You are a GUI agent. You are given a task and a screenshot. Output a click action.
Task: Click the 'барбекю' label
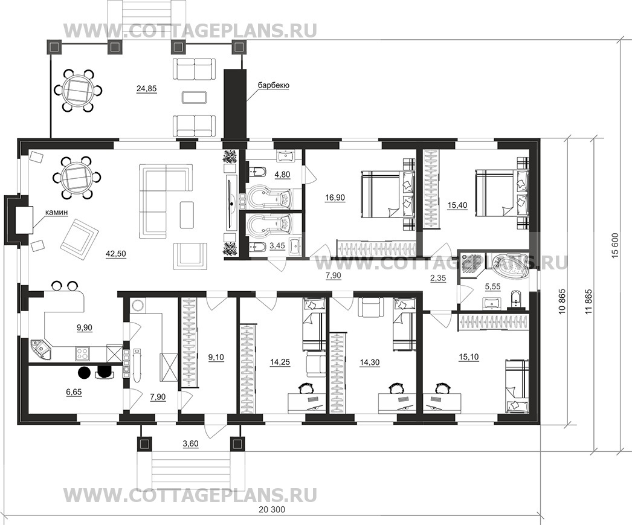(x=273, y=86)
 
